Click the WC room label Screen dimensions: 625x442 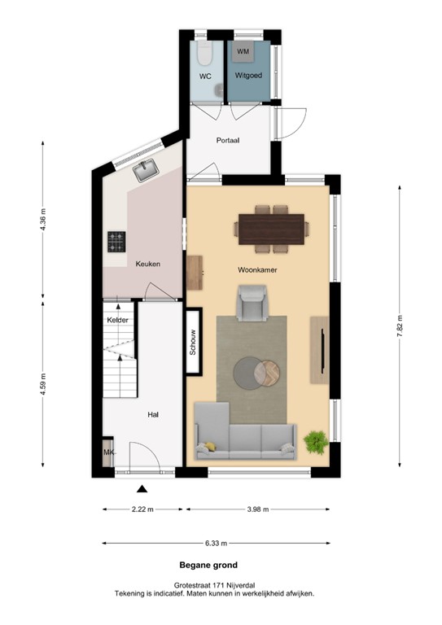tap(205, 76)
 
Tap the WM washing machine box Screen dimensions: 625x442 tap(243, 52)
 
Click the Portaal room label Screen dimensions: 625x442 tap(228, 140)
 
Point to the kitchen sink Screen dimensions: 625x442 tap(147, 170)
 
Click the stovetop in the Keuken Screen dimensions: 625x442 tap(117, 241)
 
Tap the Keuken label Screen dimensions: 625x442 tap(148, 264)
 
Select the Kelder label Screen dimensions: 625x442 tap(118, 321)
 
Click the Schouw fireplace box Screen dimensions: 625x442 tap(194, 342)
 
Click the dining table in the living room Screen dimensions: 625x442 tap(270, 225)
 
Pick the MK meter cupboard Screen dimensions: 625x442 tap(108, 452)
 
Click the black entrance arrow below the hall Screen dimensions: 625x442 tap(142, 489)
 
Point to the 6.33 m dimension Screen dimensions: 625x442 tap(216, 543)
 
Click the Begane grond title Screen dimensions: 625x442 tap(208, 564)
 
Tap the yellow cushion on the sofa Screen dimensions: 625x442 tap(210, 445)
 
